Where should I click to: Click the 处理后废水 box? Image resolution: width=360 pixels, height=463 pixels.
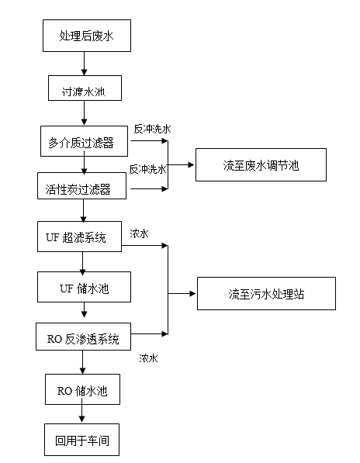click(x=85, y=36)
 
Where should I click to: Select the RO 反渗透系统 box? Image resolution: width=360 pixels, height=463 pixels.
click(x=82, y=338)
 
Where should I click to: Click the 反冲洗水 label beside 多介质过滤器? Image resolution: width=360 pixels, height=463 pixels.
click(x=152, y=129)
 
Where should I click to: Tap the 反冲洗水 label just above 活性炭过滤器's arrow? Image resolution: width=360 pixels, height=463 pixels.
click(x=147, y=168)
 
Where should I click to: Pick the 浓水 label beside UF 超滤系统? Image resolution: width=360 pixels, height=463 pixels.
click(x=140, y=233)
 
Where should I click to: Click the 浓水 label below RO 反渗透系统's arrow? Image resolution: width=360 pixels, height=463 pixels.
click(x=149, y=358)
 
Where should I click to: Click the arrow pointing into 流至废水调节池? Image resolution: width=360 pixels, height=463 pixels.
click(x=182, y=165)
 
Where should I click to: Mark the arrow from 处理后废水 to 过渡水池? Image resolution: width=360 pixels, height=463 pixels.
click(x=84, y=63)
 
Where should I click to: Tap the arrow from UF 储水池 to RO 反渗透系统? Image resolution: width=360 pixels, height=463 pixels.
click(x=83, y=313)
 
